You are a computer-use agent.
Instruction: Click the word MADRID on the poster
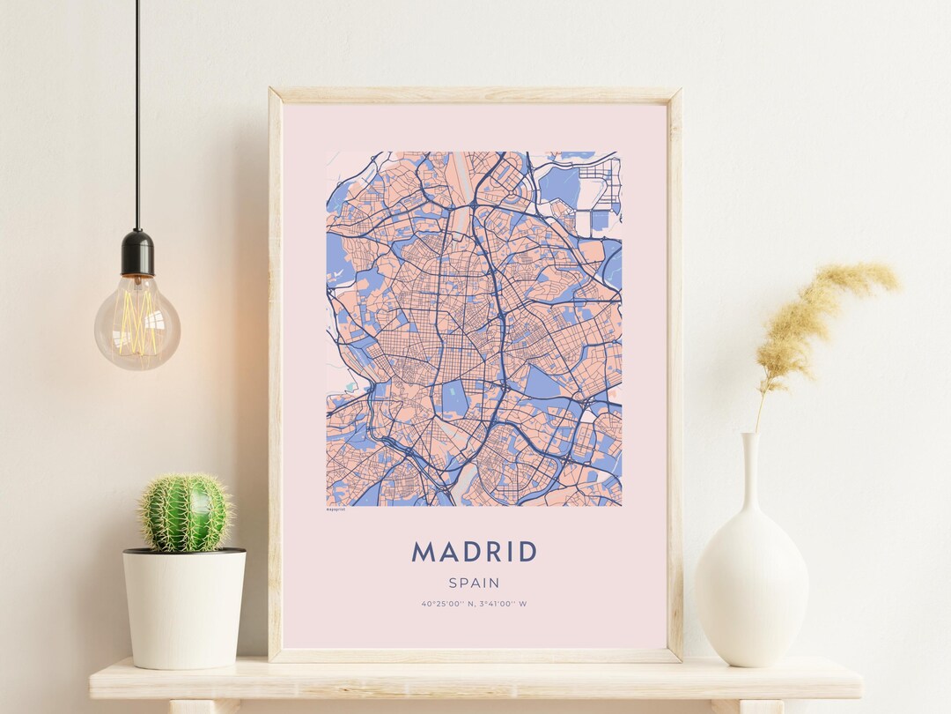[474, 552]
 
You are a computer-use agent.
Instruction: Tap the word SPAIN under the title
[474, 583]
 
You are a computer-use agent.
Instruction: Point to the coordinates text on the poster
[474, 604]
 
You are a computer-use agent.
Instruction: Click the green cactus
[185, 513]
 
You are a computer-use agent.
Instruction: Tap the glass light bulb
[137, 322]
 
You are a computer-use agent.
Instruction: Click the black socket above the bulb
[137, 252]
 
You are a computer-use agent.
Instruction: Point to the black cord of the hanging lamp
[137, 115]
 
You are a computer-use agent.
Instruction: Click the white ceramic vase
[751, 582]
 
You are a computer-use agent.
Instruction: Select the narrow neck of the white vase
[750, 476]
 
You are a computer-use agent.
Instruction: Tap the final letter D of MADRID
[526, 552]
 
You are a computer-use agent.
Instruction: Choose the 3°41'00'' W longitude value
[503, 604]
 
